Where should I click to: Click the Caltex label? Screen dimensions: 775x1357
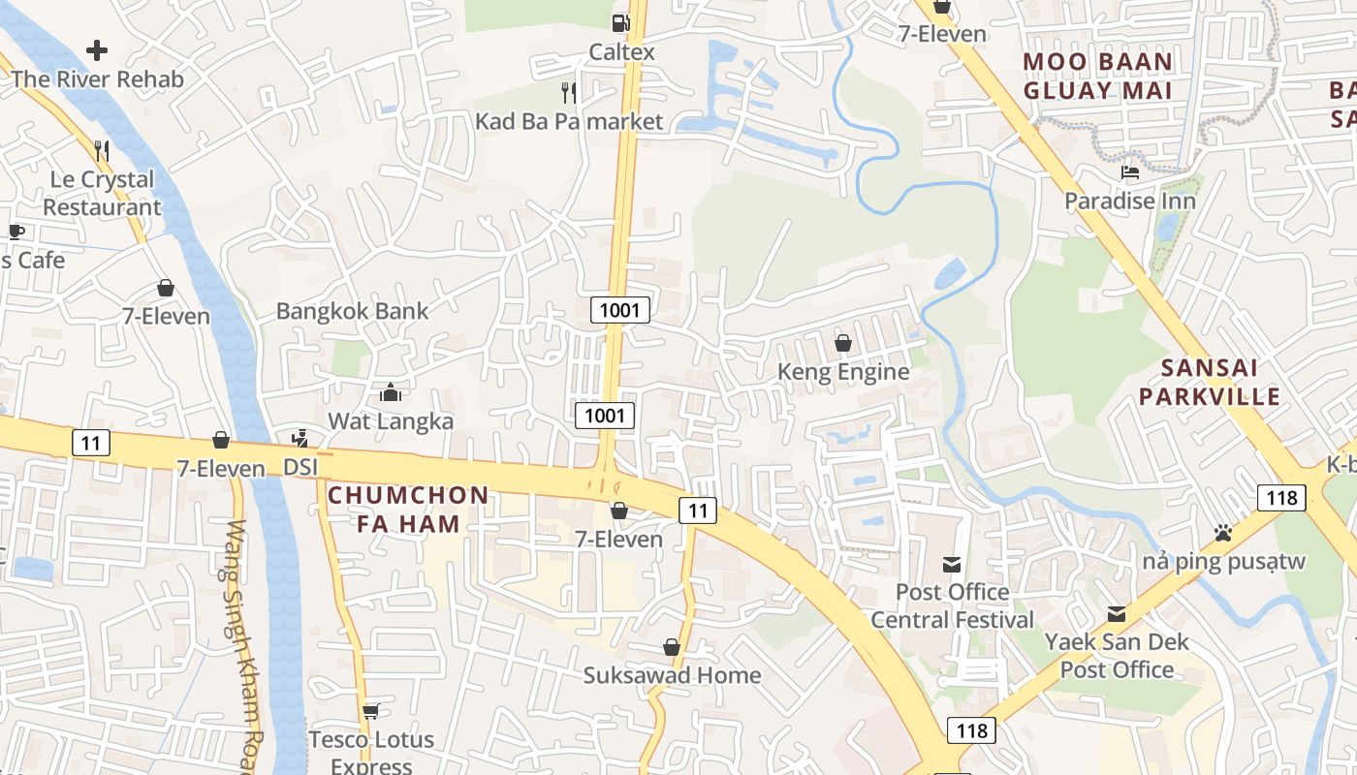coord(622,52)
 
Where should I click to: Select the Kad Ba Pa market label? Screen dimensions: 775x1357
coord(569,121)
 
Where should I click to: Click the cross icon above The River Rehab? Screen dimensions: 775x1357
coord(97,49)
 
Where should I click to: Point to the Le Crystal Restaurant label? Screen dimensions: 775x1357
coord(102,193)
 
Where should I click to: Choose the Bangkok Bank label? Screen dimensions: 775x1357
coord(352,311)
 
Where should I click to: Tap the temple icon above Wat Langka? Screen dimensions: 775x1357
coord(391,392)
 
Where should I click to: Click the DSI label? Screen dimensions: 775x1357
coord(300,467)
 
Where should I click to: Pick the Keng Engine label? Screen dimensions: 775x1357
coord(843,372)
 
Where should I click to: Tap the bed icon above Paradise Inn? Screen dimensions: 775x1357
coord(1130,172)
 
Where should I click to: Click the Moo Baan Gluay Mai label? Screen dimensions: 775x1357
coord(1098,77)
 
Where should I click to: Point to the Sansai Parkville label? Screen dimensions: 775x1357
coord(1210,382)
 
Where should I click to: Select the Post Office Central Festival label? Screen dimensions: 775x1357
coord(953,605)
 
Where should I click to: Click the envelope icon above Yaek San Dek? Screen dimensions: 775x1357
coord(1117,613)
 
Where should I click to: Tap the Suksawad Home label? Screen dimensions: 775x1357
coord(672,675)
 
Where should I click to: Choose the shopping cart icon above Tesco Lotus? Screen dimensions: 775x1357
coord(370,712)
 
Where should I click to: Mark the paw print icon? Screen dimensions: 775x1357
coord(1223,533)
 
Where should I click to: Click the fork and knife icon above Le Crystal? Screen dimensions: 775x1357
coord(102,150)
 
